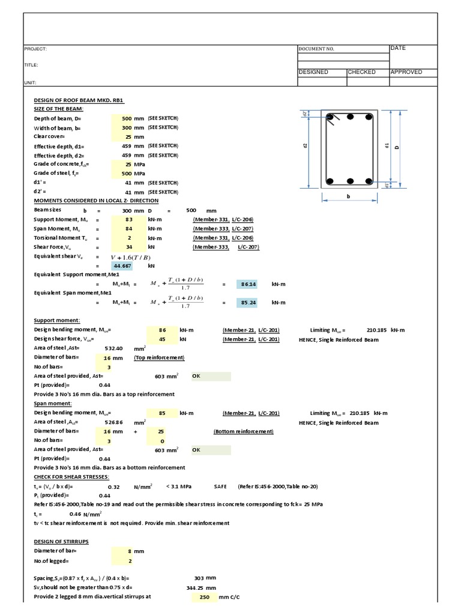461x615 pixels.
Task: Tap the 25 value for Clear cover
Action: pyautogui.click(x=126, y=136)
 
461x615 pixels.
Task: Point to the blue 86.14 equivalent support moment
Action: pyautogui.click(x=249, y=283)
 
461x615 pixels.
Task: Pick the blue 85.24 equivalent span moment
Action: pyautogui.click(x=249, y=303)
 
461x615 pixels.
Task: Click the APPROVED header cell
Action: pyautogui.click(x=406, y=72)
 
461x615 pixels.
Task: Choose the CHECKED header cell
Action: pyautogui.click(x=362, y=72)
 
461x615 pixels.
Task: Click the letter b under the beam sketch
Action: pyautogui.click(x=349, y=196)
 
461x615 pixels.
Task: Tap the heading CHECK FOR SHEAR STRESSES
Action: pyautogui.click(x=71, y=477)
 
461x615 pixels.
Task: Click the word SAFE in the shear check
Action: pyautogui.click(x=220, y=486)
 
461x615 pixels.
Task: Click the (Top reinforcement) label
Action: pyautogui.click(x=159, y=357)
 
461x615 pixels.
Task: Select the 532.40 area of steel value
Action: pyautogui.click(x=114, y=348)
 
